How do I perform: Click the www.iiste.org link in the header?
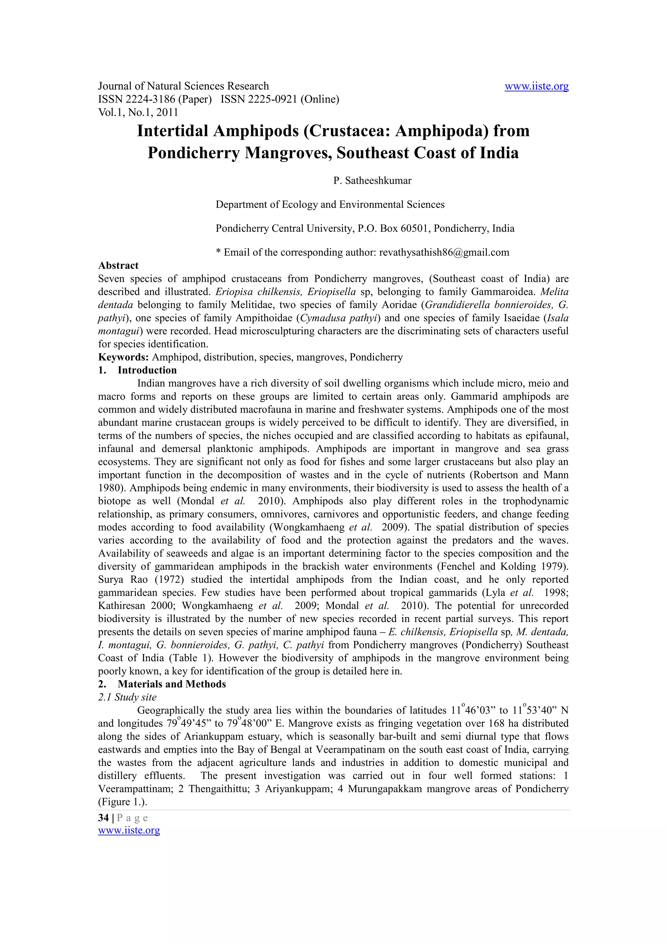536,86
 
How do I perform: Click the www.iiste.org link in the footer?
129,830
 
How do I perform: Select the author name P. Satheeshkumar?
372,181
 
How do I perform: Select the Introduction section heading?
147,370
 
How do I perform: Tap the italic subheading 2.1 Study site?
127,697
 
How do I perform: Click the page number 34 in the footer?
103,817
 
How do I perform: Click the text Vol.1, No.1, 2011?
138,112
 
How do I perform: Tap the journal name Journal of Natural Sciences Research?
183,86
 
